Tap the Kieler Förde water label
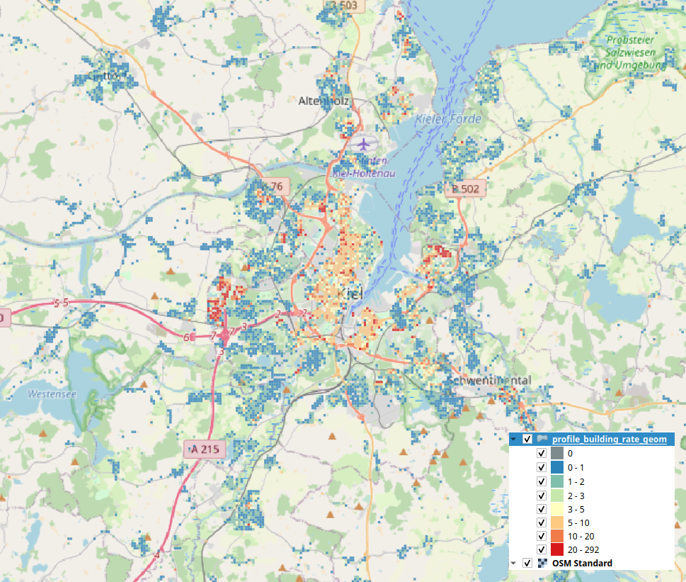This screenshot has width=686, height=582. point(449,118)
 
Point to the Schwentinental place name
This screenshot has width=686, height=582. point(488,381)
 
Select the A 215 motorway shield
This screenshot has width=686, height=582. point(205,449)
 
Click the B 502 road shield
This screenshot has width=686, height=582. point(465,189)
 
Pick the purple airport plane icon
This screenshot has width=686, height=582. point(365,144)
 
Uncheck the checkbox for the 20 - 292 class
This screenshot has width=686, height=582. point(542,549)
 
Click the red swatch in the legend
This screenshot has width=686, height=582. point(557,549)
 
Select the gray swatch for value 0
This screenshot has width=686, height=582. point(557,453)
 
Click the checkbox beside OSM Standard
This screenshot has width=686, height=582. point(527,563)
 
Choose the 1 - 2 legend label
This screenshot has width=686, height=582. point(577,481)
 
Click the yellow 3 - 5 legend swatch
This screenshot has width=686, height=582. point(557,508)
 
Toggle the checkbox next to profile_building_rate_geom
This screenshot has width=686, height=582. point(527,440)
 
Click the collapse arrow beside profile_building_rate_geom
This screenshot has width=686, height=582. point(514,440)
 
